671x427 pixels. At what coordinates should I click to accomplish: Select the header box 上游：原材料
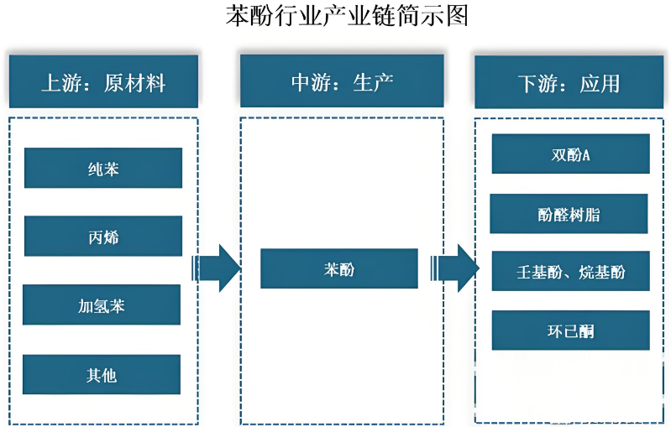click(x=103, y=82)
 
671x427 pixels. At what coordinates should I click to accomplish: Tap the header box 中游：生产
click(x=342, y=82)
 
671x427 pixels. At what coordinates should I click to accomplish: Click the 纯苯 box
click(x=103, y=169)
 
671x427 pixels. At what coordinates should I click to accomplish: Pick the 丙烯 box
click(x=103, y=237)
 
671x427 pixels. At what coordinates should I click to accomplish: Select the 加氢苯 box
click(x=102, y=305)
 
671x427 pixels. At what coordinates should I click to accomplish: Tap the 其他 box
click(x=102, y=375)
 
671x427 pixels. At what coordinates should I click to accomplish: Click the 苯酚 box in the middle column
click(x=339, y=269)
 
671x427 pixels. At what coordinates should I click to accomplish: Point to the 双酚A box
click(x=570, y=154)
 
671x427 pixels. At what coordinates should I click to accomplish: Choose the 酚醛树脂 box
click(x=569, y=214)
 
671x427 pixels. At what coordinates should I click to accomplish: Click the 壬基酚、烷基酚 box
click(x=570, y=272)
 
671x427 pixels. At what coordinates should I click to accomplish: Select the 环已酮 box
click(x=570, y=331)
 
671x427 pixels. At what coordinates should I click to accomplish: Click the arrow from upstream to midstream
click(x=218, y=268)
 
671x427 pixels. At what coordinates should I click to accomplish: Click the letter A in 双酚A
click(x=586, y=154)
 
